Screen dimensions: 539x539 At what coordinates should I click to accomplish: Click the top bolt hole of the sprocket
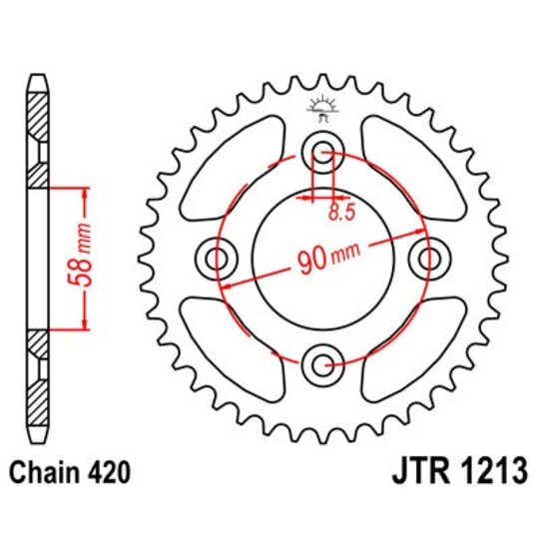(323, 154)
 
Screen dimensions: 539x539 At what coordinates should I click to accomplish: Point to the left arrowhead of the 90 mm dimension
(226, 286)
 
